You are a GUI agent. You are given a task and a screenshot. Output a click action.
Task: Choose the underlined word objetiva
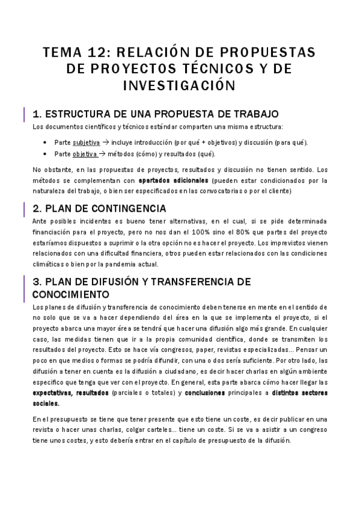pyautogui.click(x=85, y=153)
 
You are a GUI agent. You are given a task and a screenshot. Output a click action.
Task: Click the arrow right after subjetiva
pyautogui.click(x=106, y=143)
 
